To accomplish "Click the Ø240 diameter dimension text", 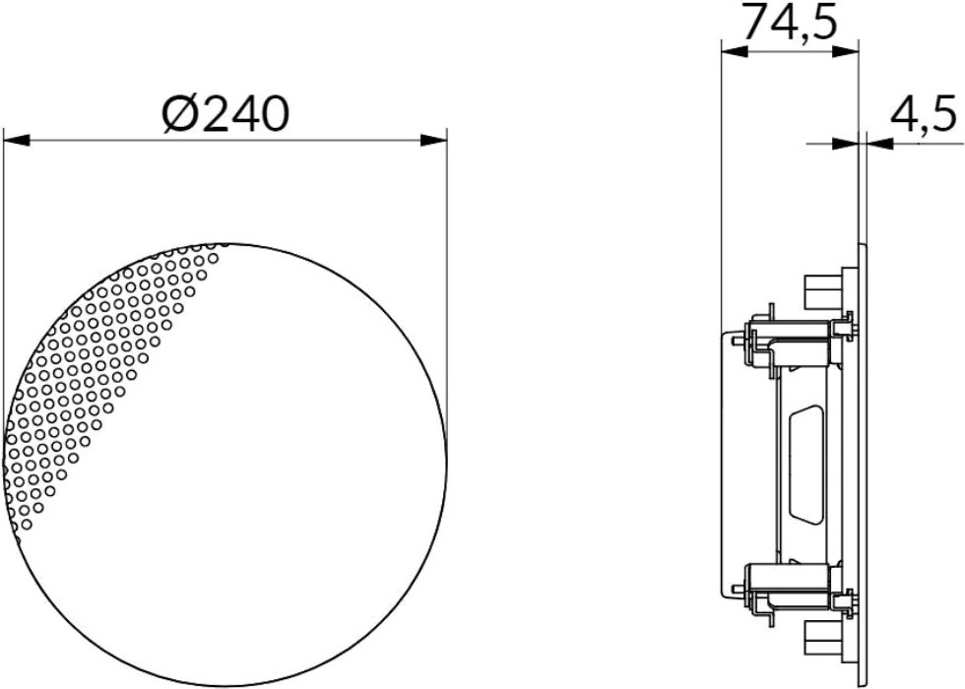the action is (x=225, y=114).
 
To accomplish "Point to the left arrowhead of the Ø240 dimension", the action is (x=16, y=141).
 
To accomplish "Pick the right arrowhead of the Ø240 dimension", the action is (x=434, y=141).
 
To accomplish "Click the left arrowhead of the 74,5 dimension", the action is (x=735, y=51).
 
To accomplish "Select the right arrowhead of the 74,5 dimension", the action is (x=845, y=51).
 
